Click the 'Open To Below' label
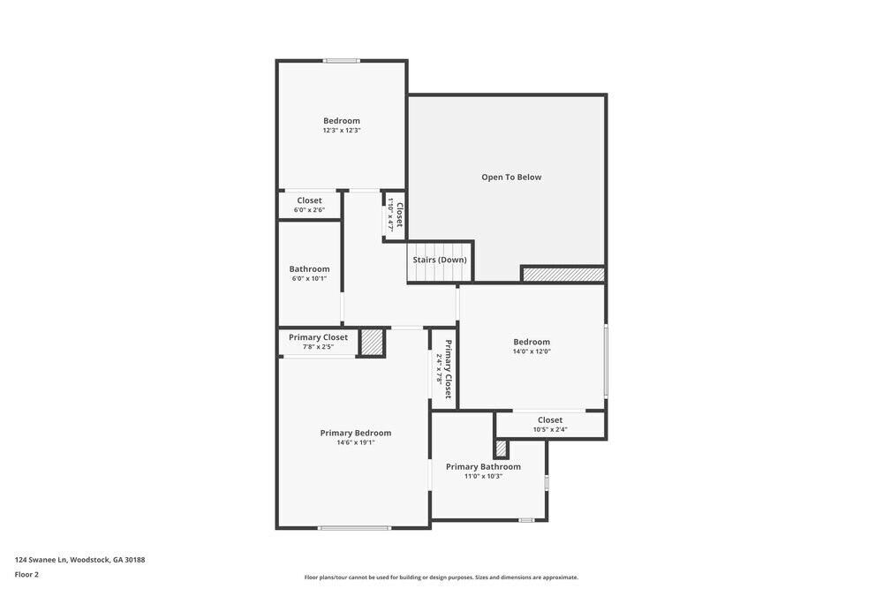(511, 177)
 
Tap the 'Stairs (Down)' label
(440, 260)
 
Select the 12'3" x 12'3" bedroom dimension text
(342, 131)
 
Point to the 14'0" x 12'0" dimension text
(532, 351)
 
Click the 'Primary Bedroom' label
(355, 433)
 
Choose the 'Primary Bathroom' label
(483, 466)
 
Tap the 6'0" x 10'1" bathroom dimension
(309, 279)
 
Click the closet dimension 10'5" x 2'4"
(549, 430)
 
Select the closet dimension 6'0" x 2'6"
(309, 210)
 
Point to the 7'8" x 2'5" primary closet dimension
(318, 347)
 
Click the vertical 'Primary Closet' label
(449, 368)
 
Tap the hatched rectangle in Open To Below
(562, 275)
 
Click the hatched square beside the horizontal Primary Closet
(372, 342)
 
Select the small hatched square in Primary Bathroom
(501, 448)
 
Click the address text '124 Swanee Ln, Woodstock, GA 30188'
(79, 560)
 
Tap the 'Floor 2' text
(26, 574)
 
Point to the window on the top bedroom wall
(341, 60)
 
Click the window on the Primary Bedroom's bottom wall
(354, 528)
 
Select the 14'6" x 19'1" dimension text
(355, 442)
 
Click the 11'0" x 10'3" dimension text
(483, 476)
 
